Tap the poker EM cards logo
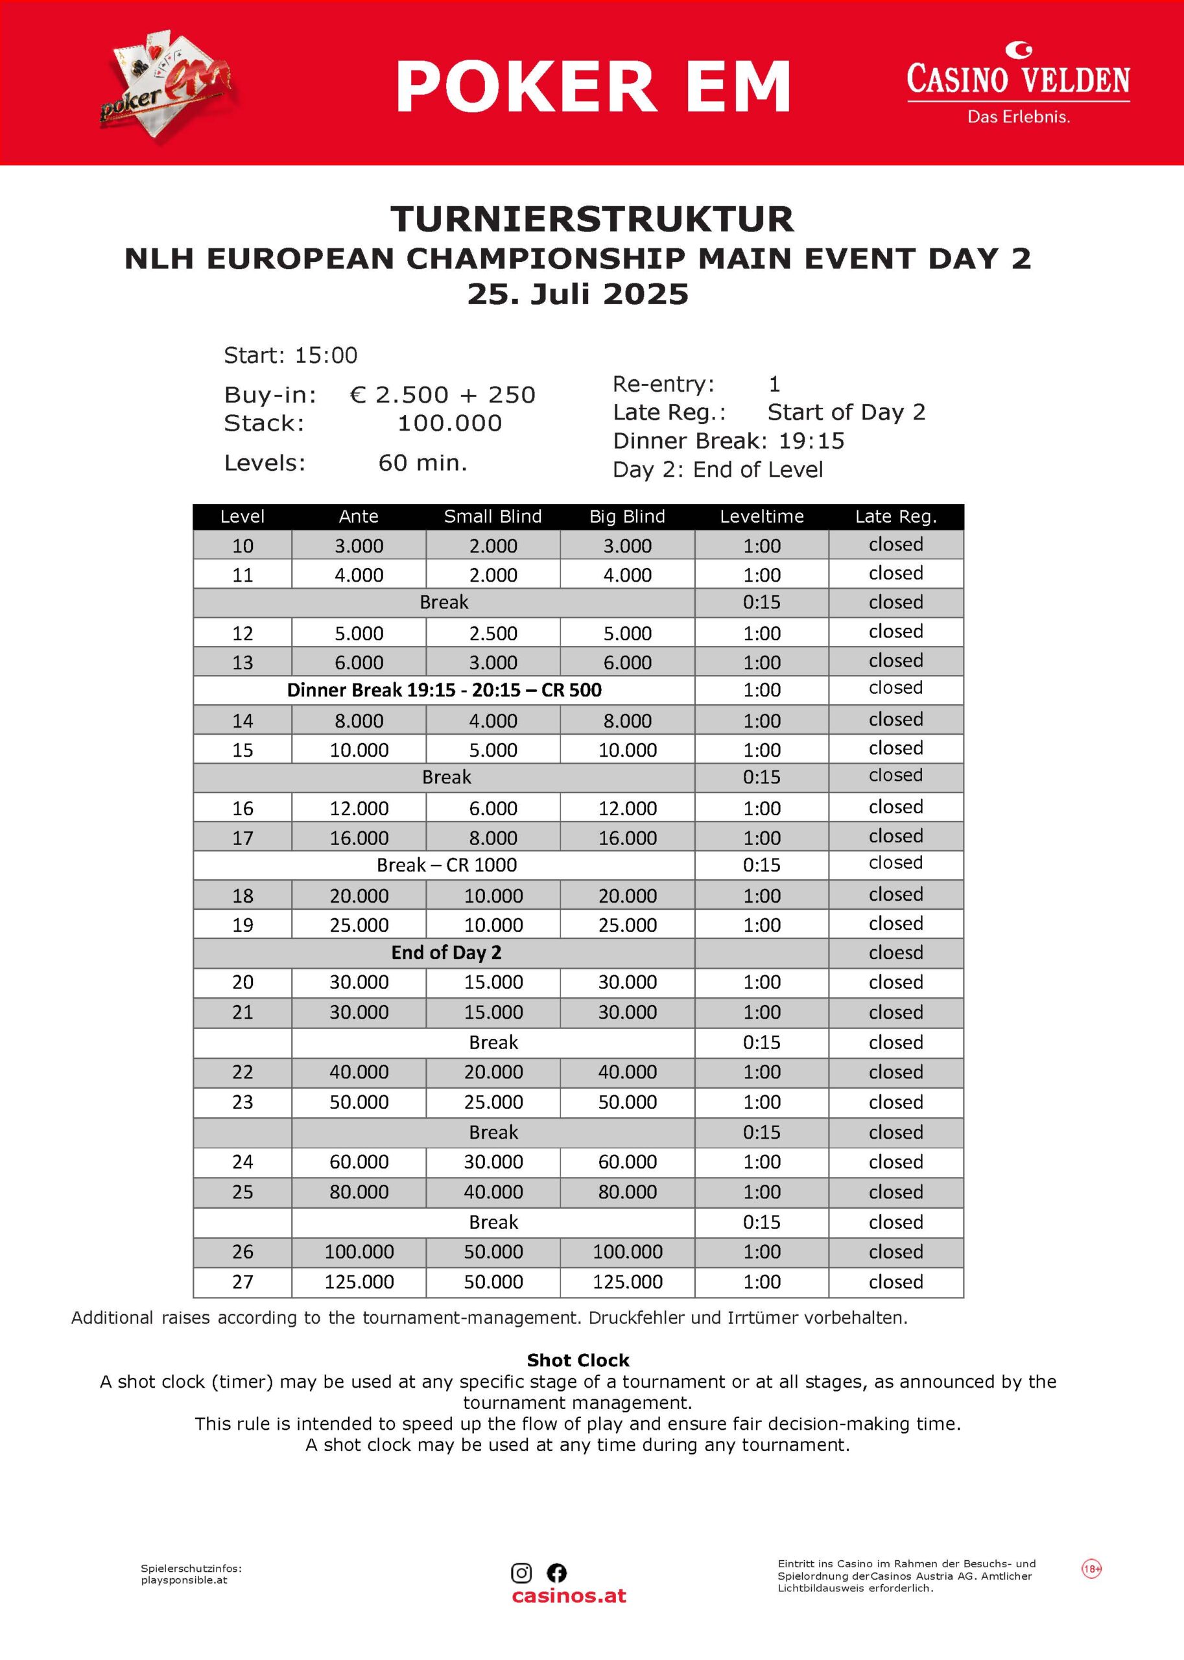167,86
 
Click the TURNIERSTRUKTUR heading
592,219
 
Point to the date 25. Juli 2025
578,294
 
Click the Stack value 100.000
449,423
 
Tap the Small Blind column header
493,516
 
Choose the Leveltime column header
761,516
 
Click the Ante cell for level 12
359,633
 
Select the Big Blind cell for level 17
627,838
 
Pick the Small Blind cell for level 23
493,1102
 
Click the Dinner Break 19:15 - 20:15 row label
444,690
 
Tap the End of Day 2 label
446,952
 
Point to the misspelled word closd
895,952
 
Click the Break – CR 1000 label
446,864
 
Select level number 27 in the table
243,1281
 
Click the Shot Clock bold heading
578,1360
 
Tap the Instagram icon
521,1572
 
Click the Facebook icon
556,1572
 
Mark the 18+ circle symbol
1091,1568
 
